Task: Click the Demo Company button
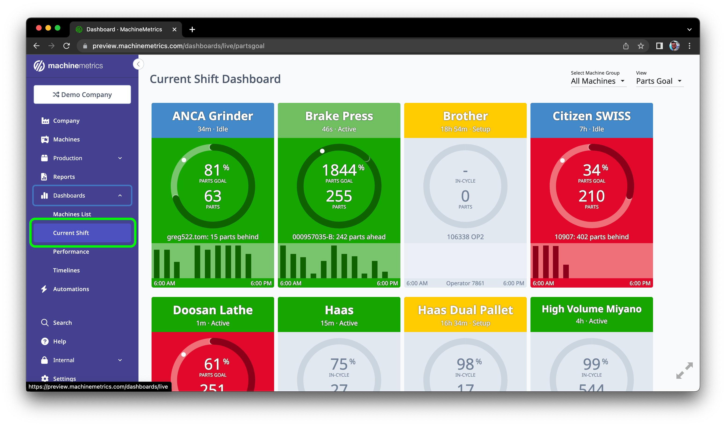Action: point(82,94)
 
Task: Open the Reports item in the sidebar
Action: point(64,177)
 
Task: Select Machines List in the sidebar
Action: point(72,214)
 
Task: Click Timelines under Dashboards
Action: point(66,270)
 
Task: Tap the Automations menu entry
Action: point(71,289)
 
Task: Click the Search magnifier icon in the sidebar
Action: point(45,323)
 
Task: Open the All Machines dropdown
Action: point(598,81)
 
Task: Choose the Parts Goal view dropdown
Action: point(659,81)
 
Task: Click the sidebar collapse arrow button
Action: point(138,64)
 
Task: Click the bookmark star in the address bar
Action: point(640,46)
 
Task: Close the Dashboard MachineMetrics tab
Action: point(174,29)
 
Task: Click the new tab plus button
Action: point(192,29)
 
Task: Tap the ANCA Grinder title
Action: point(213,116)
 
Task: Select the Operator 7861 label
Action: point(465,283)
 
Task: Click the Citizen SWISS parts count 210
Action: point(592,196)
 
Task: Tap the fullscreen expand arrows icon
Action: point(684,370)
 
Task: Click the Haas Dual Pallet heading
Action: point(465,310)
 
